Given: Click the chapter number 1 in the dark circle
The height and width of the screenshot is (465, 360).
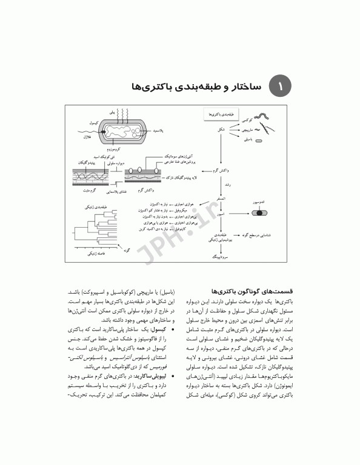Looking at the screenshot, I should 280,86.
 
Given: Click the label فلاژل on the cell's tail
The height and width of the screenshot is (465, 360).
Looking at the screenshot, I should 85,138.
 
